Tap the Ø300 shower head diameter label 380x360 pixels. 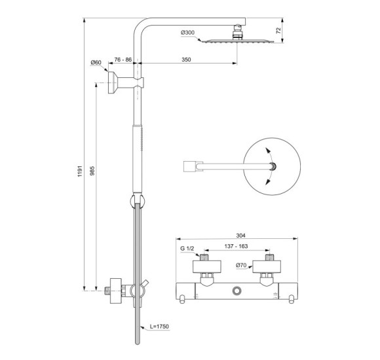(x=187, y=33)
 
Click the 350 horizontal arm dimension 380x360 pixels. (x=186, y=60)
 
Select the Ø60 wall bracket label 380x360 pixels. (x=96, y=63)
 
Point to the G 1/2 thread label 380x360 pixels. (x=187, y=249)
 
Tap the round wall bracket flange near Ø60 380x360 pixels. (x=115, y=84)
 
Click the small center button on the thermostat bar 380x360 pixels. (x=235, y=290)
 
